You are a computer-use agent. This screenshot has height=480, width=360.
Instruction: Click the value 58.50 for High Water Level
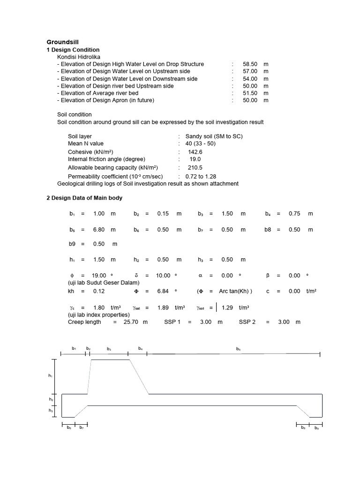[x=250, y=64]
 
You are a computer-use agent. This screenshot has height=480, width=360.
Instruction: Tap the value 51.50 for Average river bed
[x=250, y=93]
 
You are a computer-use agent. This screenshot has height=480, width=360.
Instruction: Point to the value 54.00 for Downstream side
[x=250, y=79]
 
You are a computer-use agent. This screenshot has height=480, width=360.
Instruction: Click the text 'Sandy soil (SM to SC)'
[x=214, y=136]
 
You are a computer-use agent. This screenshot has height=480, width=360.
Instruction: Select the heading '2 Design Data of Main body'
[x=84, y=198]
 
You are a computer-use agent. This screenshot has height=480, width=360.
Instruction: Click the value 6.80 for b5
[x=99, y=230]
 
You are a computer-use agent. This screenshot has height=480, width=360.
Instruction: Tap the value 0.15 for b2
[x=163, y=214]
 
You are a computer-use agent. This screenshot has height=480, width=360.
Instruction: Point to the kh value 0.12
[x=99, y=291]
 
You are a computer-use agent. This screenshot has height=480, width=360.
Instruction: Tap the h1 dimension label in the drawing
[x=51, y=376]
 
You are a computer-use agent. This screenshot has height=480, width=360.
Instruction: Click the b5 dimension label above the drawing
[x=239, y=349]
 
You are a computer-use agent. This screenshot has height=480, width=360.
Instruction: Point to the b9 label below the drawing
[x=316, y=428]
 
